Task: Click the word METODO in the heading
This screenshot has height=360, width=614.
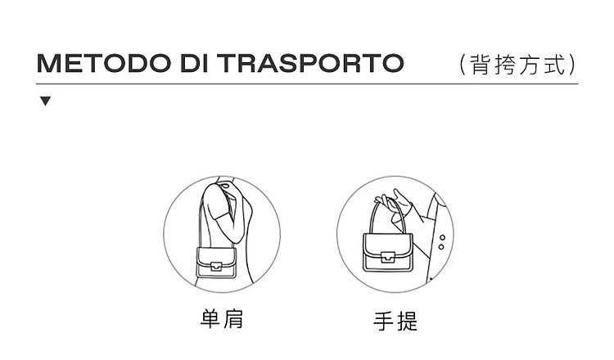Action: [104, 63]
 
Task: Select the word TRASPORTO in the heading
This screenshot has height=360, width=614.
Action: [310, 63]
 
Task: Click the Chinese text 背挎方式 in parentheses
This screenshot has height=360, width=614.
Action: [517, 65]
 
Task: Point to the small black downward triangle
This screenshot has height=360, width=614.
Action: [45, 101]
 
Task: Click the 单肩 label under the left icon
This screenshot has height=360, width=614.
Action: [222, 318]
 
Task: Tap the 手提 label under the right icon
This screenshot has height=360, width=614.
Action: [395, 321]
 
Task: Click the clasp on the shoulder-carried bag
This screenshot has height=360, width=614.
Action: [216, 266]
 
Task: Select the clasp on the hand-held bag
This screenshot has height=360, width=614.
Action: [388, 257]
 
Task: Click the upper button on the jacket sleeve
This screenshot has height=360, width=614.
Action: [442, 237]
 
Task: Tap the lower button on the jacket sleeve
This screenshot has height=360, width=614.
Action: [441, 247]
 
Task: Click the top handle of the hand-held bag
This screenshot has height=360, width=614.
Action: [387, 216]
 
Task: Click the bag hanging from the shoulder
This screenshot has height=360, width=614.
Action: [216, 262]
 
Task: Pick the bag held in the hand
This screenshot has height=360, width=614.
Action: [388, 252]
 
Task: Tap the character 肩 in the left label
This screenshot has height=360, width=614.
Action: [234, 318]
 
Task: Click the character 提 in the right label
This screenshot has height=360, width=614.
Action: [408, 321]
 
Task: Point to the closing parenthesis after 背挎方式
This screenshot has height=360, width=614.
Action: [572, 65]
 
